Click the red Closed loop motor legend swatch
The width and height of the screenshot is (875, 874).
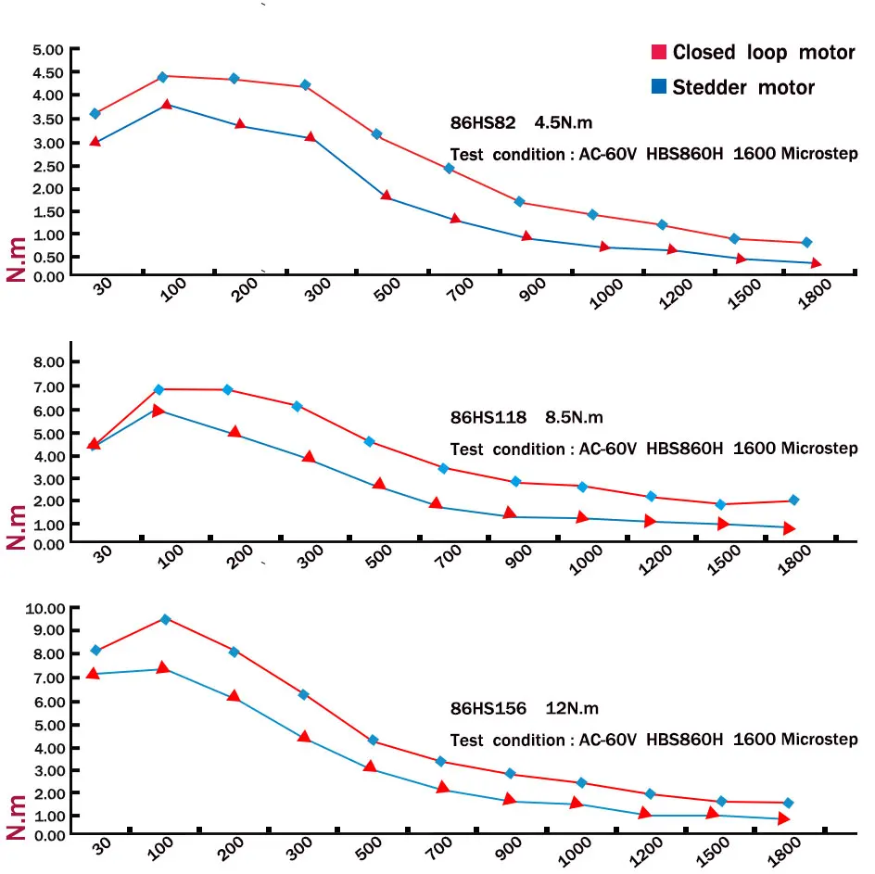pos(658,52)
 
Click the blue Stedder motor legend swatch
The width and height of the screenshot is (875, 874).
pos(658,87)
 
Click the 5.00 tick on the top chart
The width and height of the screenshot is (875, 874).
pos(48,49)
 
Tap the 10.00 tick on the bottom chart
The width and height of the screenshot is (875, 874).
pos(46,609)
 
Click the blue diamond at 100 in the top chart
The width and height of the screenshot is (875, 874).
pos(162,76)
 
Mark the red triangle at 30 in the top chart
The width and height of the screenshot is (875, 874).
pos(95,142)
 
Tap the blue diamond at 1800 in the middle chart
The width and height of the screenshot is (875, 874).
pos(793,500)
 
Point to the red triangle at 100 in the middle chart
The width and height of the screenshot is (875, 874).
pos(159,410)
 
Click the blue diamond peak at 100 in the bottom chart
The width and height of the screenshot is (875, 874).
pos(166,619)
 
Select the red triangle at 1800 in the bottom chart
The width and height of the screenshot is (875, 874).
pos(783,819)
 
